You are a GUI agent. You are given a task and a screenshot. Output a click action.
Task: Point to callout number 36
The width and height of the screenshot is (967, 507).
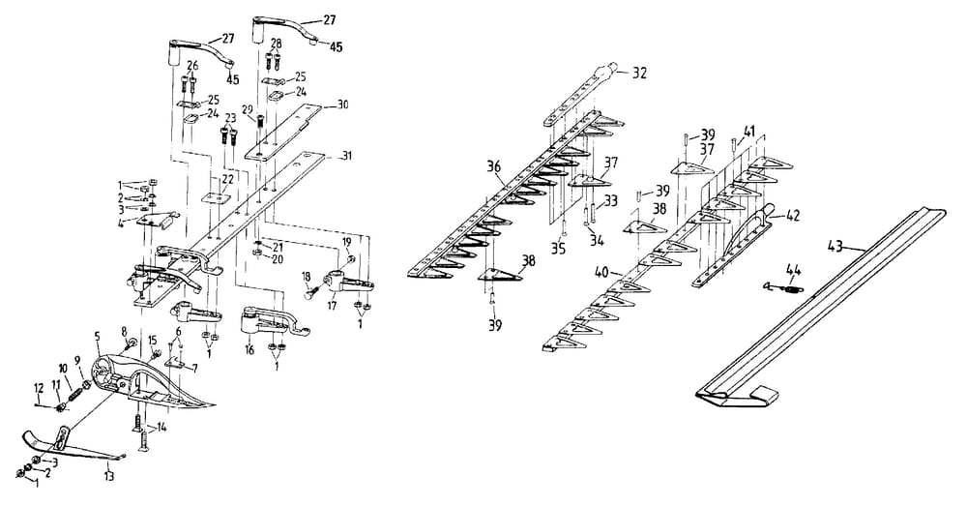(x=494, y=167)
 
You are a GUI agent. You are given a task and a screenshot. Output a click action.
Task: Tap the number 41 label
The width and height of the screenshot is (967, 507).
(x=749, y=131)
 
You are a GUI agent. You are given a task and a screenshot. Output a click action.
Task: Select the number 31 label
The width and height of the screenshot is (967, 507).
(x=344, y=156)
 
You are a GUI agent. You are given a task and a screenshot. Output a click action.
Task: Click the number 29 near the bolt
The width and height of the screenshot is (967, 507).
(x=248, y=112)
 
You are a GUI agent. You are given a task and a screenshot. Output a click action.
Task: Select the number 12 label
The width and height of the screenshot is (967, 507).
(x=40, y=389)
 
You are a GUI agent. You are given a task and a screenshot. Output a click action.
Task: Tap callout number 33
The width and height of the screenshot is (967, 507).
(x=612, y=200)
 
